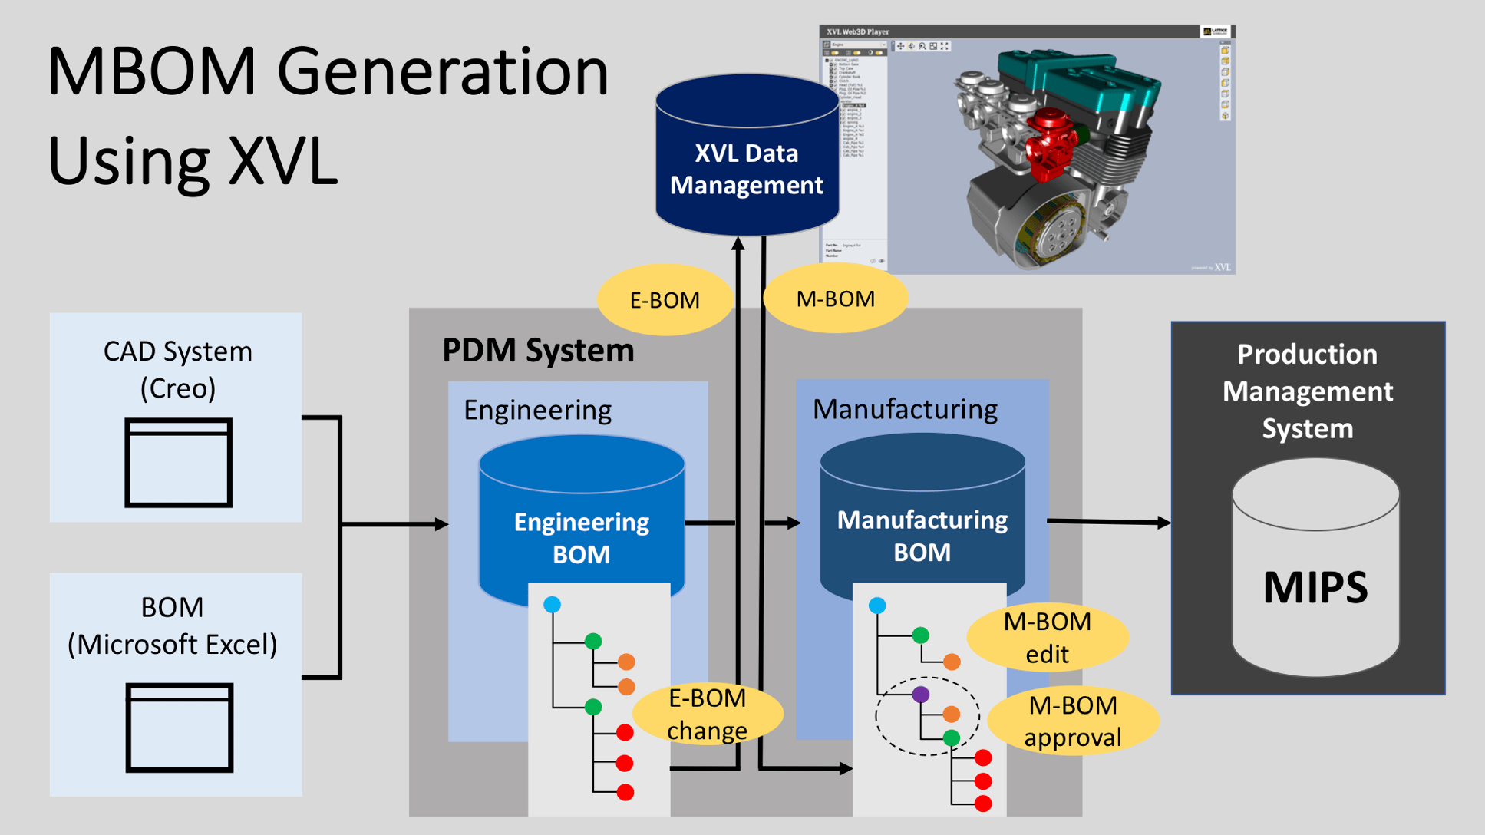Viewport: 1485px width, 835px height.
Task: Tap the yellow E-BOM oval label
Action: tap(665, 300)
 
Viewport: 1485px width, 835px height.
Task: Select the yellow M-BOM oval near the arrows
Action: tap(835, 299)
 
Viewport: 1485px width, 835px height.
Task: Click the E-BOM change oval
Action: tap(707, 715)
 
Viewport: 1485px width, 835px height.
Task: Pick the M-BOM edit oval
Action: tap(1047, 638)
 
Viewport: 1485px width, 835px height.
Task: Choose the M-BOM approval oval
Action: tap(1072, 721)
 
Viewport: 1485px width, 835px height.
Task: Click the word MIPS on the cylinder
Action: tap(1315, 588)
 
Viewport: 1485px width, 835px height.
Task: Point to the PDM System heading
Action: tap(538, 351)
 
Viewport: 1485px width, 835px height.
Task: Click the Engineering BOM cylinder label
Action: tap(581, 538)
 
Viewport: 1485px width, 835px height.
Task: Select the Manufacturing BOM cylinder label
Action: tap(922, 536)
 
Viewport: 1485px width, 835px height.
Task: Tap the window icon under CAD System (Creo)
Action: tap(178, 463)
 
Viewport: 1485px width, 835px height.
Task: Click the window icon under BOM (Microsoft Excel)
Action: tap(179, 728)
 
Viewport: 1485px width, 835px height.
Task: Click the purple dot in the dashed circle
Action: tap(921, 695)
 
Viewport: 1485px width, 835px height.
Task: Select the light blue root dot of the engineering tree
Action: tap(552, 605)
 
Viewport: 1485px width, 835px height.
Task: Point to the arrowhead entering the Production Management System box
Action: tap(1164, 523)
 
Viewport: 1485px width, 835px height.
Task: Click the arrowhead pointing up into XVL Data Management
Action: tap(738, 244)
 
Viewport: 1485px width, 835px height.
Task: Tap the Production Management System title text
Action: tap(1307, 391)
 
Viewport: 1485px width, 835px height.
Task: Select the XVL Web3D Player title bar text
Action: tap(857, 31)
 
